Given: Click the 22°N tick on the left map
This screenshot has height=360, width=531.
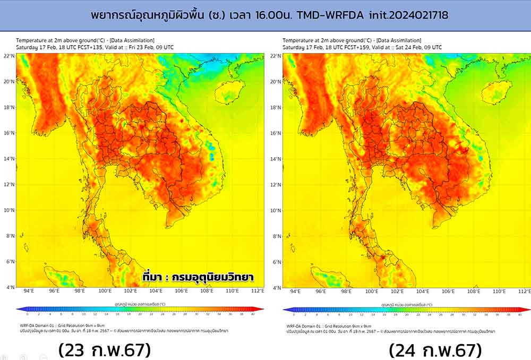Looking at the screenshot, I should (x=8, y=56).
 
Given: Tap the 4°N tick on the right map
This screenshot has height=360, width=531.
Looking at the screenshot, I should (x=276, y=287).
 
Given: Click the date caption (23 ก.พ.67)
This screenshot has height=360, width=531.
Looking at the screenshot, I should (x=105, y=350).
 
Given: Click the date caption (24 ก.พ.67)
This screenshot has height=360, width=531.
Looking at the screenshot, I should (x=435, y=350).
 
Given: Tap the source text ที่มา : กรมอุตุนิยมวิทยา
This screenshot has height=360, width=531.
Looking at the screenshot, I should (x=198, y=277).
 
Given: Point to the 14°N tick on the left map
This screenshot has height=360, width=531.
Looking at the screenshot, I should (x=8, y=158).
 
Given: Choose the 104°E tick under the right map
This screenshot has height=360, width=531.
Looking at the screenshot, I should (x=423, y=292).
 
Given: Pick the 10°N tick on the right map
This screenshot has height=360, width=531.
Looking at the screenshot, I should (x=275, y=210).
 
